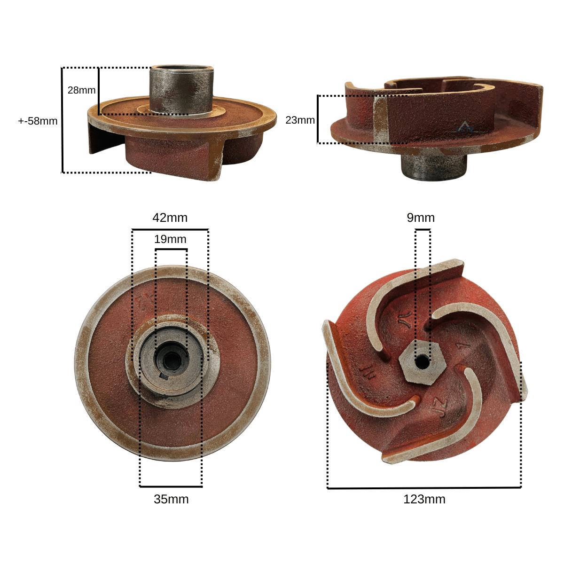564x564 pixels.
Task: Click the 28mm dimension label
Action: (x=81, y=90)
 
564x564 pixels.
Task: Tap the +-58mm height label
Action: (x=38, y=121)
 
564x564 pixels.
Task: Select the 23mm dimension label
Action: (x=300, y=120)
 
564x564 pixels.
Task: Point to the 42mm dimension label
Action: (x=170, y=218)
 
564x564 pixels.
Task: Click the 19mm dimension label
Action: (x=170, y=239)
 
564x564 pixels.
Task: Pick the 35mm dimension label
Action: (x=171, y=499)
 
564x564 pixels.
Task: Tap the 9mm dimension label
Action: (x=421, y=218)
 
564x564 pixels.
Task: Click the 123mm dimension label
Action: (x=424, y=499)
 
